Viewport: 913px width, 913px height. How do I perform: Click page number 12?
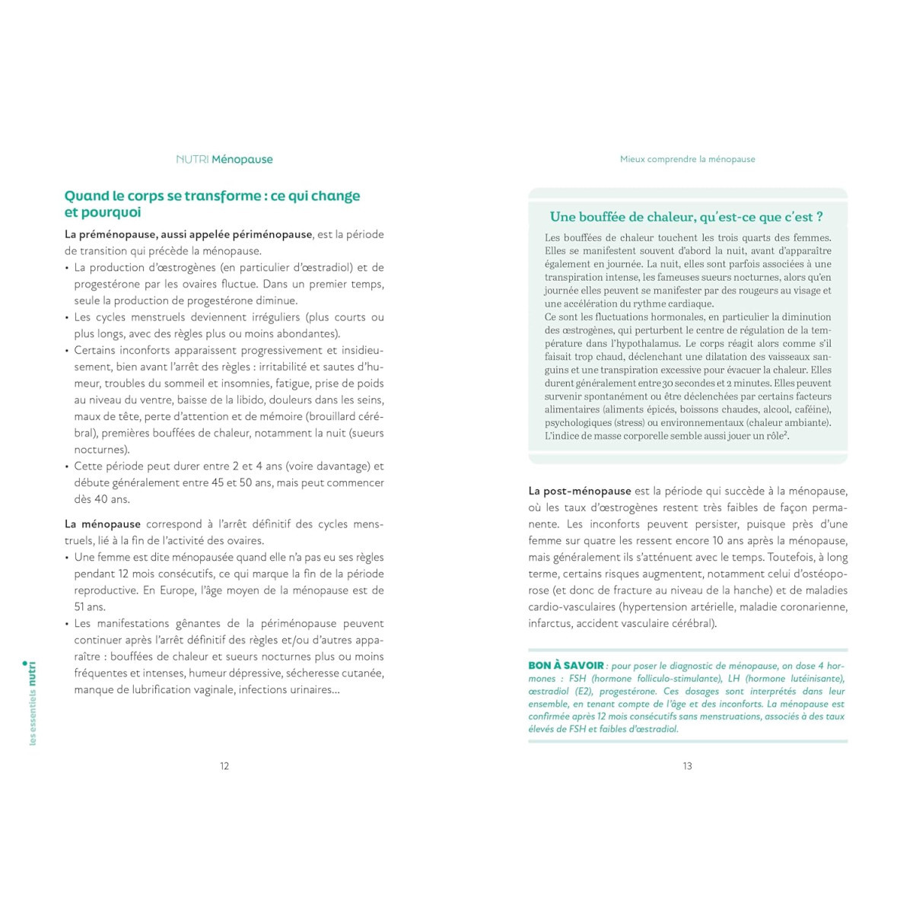(224, 766)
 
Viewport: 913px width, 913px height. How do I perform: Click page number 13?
(687, 766)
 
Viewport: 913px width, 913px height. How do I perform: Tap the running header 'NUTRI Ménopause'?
(224, 160)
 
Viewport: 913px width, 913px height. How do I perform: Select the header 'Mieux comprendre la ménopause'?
(687, 160)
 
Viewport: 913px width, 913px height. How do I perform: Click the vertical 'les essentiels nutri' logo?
(32, 704)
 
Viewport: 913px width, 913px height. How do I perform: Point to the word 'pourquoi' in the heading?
(113, 213)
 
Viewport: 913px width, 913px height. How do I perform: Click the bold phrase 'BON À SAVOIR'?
(566, 666)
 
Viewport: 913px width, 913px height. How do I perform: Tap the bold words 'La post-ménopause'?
(580, 491)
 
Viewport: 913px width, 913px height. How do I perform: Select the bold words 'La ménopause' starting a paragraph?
(103, 524)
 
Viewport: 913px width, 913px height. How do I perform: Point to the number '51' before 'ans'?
(80, 607)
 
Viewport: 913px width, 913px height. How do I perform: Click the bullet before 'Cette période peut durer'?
(67, 466)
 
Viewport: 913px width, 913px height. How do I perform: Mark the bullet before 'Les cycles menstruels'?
(67, 317)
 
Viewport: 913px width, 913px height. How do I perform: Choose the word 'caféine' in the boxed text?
(808, 409)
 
